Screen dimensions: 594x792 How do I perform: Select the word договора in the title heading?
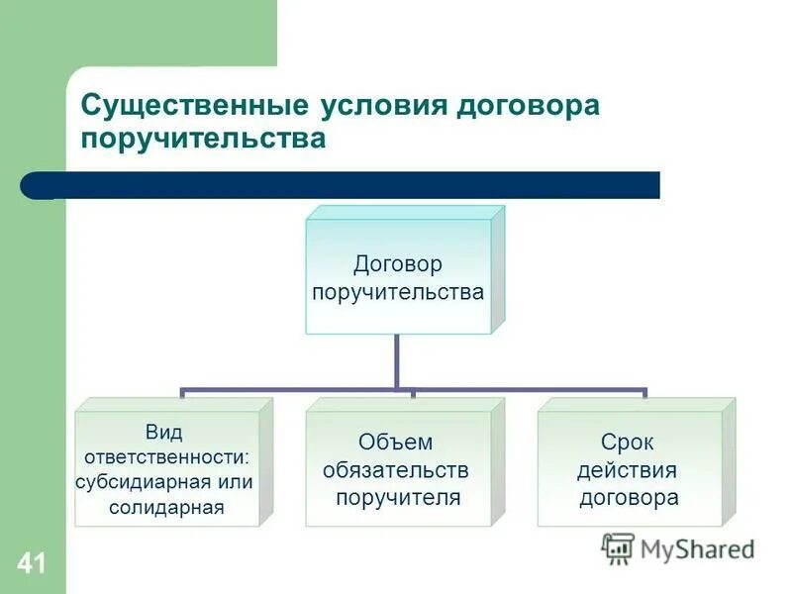pyautogui.click(x=528, y=105)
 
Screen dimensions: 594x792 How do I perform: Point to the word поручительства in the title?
pyautogui.click(x=202, y=139)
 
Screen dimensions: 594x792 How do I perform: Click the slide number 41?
pyautogui.click(x=31, y=565)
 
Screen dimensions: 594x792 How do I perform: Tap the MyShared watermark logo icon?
pyautogui.click(x=618, y=548)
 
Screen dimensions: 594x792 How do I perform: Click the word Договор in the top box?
pyautogui.click(x=397, y=264)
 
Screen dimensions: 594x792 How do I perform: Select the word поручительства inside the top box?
pyautogui.click(x=397, y=292)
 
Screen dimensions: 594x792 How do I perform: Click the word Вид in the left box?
pyautogui.click(x=163, y=432)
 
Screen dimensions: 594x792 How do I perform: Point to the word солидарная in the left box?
pyautogui.click(x=165, y=508)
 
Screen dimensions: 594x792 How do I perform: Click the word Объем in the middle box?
pyautogui.click(x=397, y=443)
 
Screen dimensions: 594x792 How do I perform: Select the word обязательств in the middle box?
pyautogui.click(x=396, y=469)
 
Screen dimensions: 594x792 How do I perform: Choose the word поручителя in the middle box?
pyautogui.click(x=397, y=497)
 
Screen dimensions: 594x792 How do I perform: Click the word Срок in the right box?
pyautogui.click(x=628, y=443)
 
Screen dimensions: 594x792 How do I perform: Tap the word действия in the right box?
pyautogui.click(x=628, y=469)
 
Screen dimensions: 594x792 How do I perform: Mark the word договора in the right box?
pyautogui.click(x=628, y=497)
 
